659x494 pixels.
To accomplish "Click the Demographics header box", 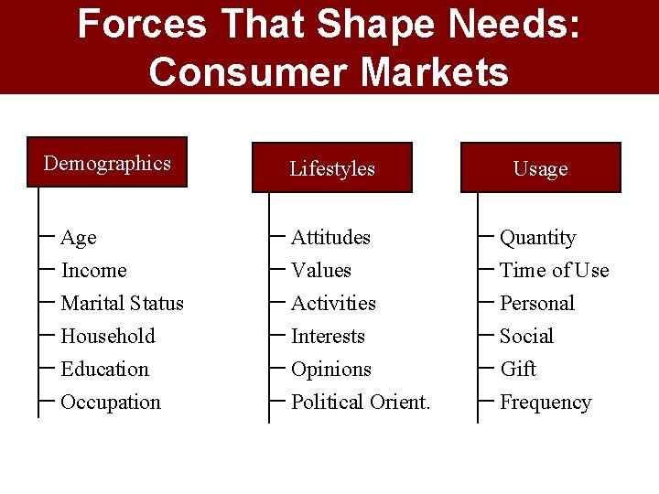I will click(x=107, y=163).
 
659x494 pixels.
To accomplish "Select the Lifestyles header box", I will click(x=332, y=168).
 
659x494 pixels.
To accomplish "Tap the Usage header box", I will click(x=540, y=168).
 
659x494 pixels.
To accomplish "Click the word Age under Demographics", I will click(x=79, y=238).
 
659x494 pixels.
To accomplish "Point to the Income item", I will click(x=93, y=271).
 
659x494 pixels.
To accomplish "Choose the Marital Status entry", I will click(x=122, y=304).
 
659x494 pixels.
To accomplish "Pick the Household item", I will click(x=108, y=337).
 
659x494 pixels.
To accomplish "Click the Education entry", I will click(x=104, y=370).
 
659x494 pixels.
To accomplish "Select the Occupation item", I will click(x=111, y=403).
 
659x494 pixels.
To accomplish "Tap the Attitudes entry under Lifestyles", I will click(x=330, y=238).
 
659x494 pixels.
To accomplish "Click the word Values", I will click(x=321, y=271).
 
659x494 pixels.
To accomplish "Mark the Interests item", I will click(x=328, y=337).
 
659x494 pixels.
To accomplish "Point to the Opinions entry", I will click(x=331, y=370).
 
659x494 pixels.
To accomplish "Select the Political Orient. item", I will click(x=361, y=403).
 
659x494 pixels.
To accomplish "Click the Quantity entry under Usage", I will click(x=538, y=238).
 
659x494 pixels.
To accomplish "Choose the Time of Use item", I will click(x=554, y=271).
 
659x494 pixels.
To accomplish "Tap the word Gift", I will click(x=518, y=370).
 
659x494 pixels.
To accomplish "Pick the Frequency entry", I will click(x=546, y=403).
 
